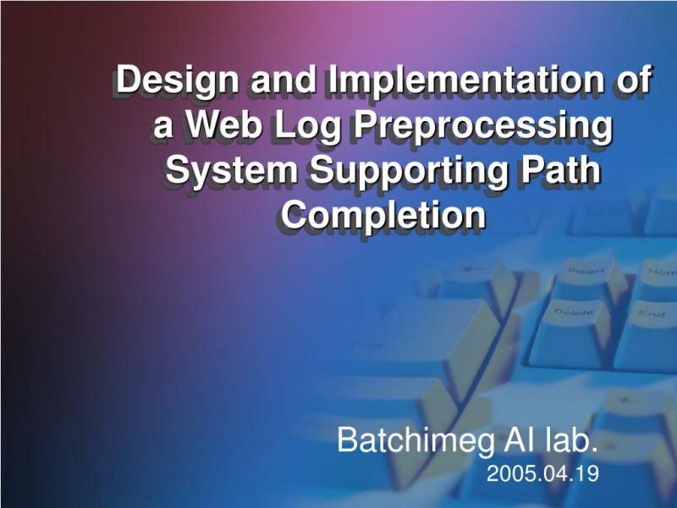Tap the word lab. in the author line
point(565,441)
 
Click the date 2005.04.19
point(543,474)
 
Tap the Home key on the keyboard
point(659,272)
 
